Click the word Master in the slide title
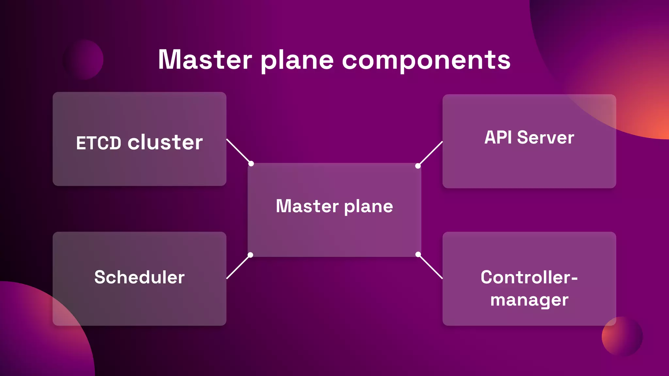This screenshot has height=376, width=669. click(205, 60)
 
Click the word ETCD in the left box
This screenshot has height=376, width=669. click(98, 143)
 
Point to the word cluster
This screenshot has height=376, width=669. click(165, 143)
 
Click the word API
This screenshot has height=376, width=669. click(498, 137)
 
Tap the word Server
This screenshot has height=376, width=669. click(546, 137)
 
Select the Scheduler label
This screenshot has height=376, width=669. click(139, 277)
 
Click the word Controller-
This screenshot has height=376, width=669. click(529, 277)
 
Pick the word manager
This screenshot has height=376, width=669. click(529, 300)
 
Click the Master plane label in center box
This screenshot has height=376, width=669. click(334, 206)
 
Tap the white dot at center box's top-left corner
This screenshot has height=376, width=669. click(251, 164)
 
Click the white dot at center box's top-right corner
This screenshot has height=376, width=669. click(418, 166)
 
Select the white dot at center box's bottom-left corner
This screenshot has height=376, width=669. click(250, 255)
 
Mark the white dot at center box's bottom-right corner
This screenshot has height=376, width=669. click(418, 254)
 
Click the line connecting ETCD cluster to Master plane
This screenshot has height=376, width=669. click(238, 151)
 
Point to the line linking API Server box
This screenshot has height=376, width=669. click(431, 153)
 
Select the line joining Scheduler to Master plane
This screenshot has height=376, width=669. click(238, 267)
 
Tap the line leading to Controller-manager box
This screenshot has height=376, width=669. click(431, 267)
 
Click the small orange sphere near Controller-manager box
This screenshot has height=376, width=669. click(622, 336)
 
